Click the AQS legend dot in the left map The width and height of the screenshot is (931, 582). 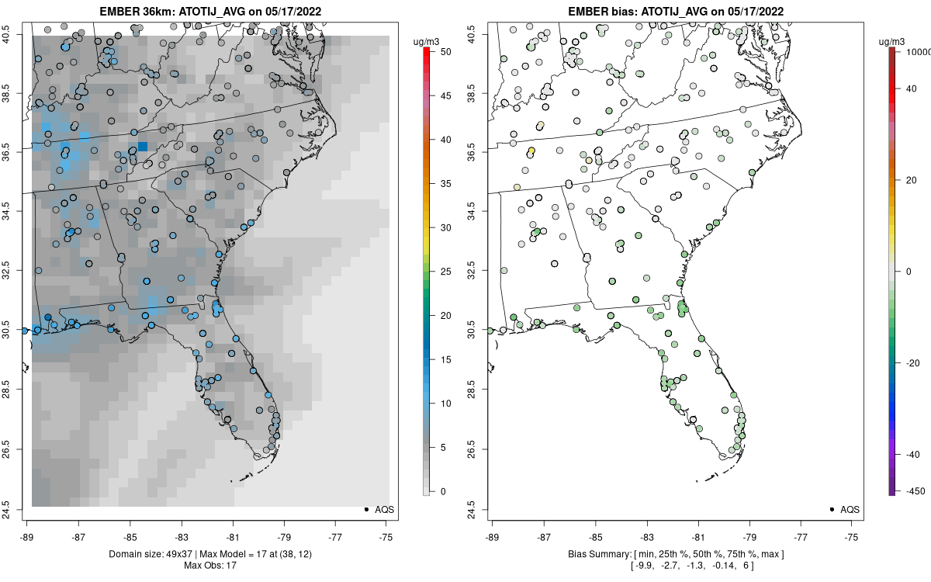pos(365,509)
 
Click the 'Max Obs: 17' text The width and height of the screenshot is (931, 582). pos(209,565)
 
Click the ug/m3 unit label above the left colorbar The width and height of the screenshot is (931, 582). pos(425,40)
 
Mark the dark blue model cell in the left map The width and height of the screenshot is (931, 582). pos(143,146)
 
